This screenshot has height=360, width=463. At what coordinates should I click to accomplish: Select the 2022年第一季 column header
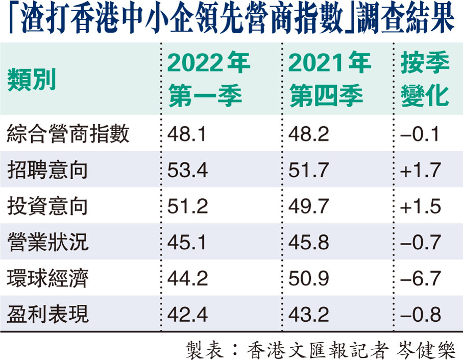coord(209,79)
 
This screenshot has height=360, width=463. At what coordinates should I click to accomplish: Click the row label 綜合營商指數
coord(68,134)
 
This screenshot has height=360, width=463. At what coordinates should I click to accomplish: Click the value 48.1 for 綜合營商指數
coord(187,134)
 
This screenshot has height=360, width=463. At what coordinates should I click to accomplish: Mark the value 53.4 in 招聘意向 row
coord(187,170)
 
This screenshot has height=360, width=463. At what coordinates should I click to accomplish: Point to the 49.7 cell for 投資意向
coord(309,206)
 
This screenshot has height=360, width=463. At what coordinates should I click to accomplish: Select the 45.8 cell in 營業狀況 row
coord(309,242)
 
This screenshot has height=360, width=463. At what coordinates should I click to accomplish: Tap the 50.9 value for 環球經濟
coord(309,278)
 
